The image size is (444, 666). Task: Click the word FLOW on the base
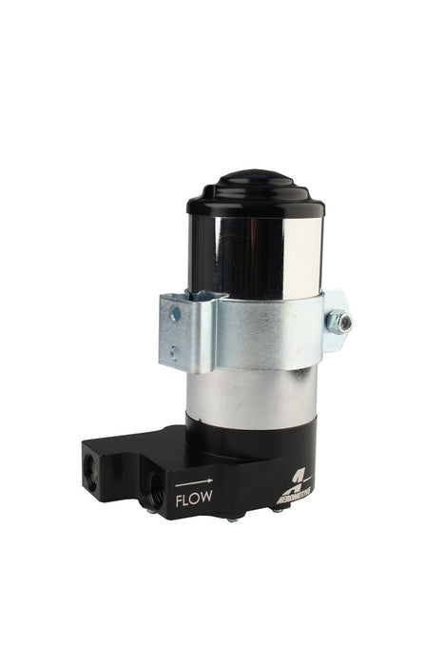click(x=193, y=495)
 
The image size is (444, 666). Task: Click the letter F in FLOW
click(x=178, y=495)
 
